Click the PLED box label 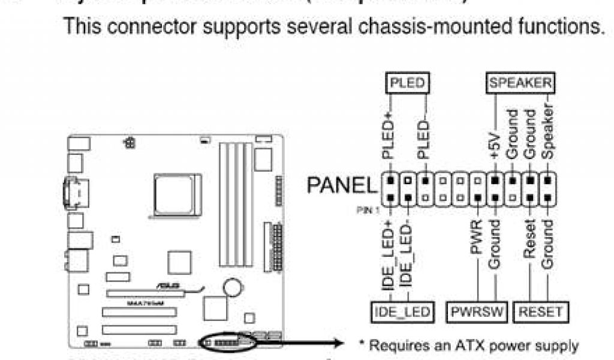pyautogui.click(x=407, y=83)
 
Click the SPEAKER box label pyautogui.click(x=519, y=83)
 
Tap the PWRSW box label pyautogui.click(x=478, y=311)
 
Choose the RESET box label pyautogui.click(x=541, y=311)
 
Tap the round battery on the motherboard pyautogui.click(x=233, y=287)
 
